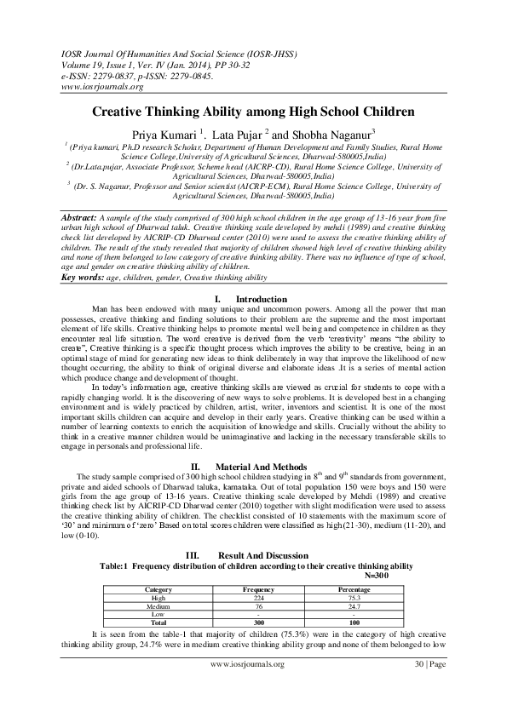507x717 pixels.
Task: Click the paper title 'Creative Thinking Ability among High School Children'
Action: tap(253, 112)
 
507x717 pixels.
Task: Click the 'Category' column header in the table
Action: tap(159, 589)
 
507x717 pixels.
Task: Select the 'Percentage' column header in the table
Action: tap(354, 589)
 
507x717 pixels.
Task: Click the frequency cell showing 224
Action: tap(257, 597)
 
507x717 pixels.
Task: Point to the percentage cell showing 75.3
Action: tap(354, 597)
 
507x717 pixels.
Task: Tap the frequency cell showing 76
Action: tap(257, 605)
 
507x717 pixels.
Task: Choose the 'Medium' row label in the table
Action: tap(159, 605)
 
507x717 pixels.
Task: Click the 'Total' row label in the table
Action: tap(159, 622)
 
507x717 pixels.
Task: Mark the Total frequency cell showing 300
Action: tap(257, 622)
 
